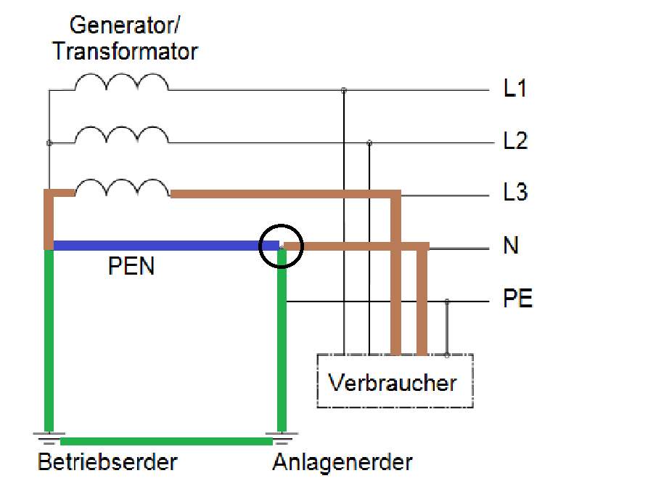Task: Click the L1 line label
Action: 515,89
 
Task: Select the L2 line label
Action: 515,141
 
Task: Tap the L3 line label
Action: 515,193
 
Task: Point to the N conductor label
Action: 511,246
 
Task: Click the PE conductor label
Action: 518,299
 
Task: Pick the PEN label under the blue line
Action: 131,267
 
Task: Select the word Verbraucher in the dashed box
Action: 393,382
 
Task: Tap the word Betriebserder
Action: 107,461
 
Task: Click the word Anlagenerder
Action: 342,461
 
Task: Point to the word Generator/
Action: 126,27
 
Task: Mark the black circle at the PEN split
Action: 281,246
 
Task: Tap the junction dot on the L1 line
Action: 343,90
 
